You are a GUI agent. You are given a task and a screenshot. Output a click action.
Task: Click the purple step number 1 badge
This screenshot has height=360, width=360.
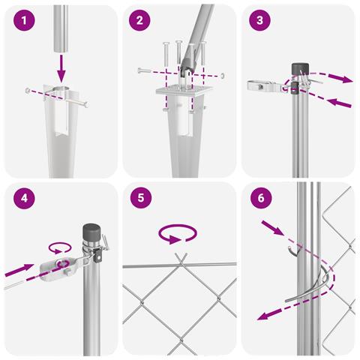[x=24, y=20]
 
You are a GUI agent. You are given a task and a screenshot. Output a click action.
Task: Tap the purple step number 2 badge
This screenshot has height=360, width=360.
[x=139, y=20]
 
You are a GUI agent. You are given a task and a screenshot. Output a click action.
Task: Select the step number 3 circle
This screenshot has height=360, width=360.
[x=259, y=20]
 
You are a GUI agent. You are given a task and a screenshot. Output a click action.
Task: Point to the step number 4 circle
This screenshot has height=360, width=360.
[x=24, y=198]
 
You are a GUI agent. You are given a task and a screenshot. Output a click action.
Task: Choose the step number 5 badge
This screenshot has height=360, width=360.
[x=141, y=198]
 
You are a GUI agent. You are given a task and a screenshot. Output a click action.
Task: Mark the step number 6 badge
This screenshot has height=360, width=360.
[x=261, y=198]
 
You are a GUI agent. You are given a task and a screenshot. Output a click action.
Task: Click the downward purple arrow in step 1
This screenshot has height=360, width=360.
[x=61, y=69]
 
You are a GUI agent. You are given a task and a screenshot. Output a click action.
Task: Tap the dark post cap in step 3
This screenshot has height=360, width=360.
[x=300, y=69]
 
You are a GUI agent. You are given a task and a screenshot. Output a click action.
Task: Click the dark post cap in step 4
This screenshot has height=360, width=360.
[x=91, y=232]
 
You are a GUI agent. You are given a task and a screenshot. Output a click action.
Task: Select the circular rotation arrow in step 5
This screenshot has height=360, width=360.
[x=178, y=234]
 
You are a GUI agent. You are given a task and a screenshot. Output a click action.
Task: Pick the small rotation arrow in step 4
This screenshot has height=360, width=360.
[x=60, y=247]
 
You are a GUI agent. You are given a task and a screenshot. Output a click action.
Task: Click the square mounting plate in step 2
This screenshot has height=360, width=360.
[x=184, y=90]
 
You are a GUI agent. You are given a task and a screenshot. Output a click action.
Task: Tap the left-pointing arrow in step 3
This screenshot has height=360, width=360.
[x=339, y=103]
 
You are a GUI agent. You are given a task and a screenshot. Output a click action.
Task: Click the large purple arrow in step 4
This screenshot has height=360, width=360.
[x=19, y=270]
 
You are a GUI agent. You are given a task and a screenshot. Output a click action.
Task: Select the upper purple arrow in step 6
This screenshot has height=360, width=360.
[x=273, y=227]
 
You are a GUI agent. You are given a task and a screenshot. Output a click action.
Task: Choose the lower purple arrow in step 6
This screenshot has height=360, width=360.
[x=269, y=314]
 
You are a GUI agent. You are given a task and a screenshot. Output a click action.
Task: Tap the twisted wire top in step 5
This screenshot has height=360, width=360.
[x=181, y=259]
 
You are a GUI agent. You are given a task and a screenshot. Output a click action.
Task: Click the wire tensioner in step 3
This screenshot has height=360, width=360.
[x=262, y=86]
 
